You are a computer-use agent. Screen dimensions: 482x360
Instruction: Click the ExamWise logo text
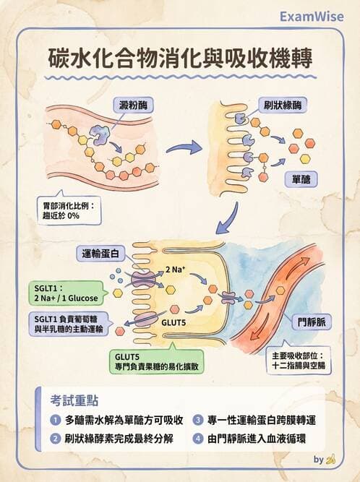[x=313, y=15]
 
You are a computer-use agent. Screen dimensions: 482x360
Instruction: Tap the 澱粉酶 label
[x=134, y=106]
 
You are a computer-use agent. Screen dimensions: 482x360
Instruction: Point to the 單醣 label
[x=301, y=177]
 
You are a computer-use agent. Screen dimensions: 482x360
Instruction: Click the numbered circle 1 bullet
[x=54, y=420]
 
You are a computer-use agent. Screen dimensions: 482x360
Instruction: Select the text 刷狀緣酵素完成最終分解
[x=122, y=439]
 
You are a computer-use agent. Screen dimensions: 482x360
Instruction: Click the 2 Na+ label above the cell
[x=178, y=270]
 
